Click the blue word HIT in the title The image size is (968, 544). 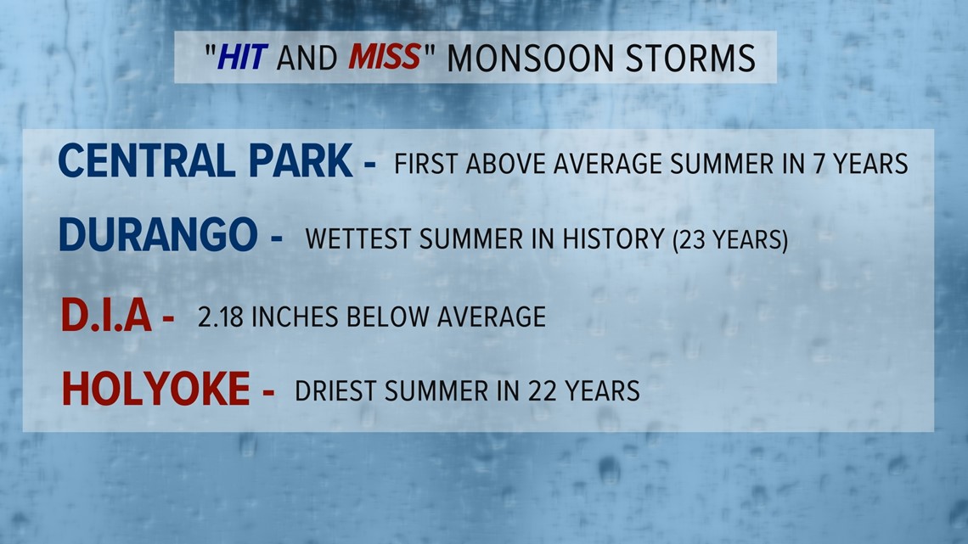(x=242, y=58)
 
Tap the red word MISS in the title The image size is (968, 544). (x=385, y=58)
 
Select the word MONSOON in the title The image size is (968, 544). (x=531, y=58)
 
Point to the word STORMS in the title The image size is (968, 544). (x=691, y=58)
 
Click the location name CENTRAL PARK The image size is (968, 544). (x=205, y=161)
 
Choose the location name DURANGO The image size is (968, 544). (x=158, y=234)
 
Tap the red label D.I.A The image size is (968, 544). (x=106, y=315)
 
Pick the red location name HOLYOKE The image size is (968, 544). (x=155, y=389)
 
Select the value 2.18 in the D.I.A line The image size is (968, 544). (x=221, y=317)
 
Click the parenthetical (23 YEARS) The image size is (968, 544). (x=730, y=239)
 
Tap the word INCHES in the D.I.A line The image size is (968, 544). (x=295, y=317)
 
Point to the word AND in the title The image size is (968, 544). (x=307, y=58)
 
